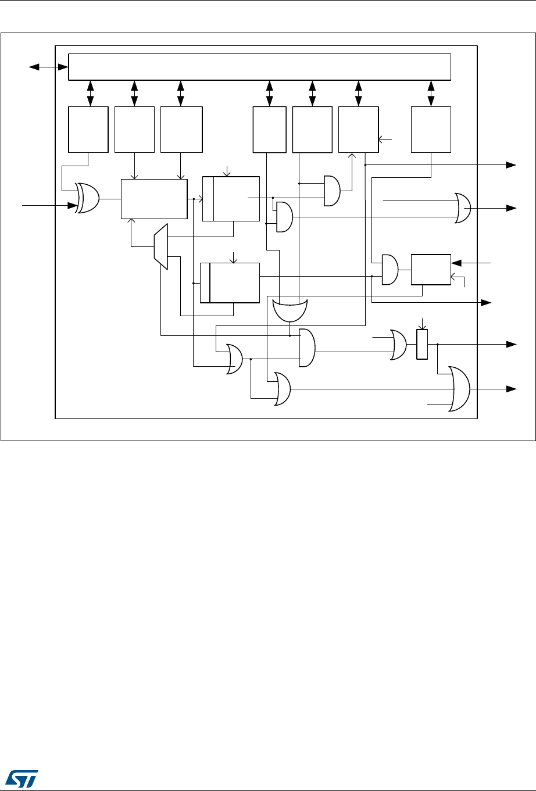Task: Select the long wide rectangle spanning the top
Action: [x=260, y=67]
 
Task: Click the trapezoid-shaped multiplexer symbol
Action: [x=161, y=246]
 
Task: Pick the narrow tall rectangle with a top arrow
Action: [x=422, y=344]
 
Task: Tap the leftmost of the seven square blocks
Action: [x=88, y=129]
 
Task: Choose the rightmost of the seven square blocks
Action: [x=431, y=129]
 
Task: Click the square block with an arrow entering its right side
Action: [x=358, y=129]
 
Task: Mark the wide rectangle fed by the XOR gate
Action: [x=154, y=199]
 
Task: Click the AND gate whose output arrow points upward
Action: [x=332, y=191]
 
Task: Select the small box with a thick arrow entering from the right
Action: [x=431, y=269]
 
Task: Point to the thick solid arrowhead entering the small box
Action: [x=456, y=263]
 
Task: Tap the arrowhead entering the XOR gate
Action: [x=74, y=205]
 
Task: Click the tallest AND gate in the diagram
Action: [x=306, y=348]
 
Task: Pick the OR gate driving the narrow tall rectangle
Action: [x=399, y=345]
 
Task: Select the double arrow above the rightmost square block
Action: [x=431, y=93]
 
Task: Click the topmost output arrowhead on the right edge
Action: [x=512, y=165]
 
